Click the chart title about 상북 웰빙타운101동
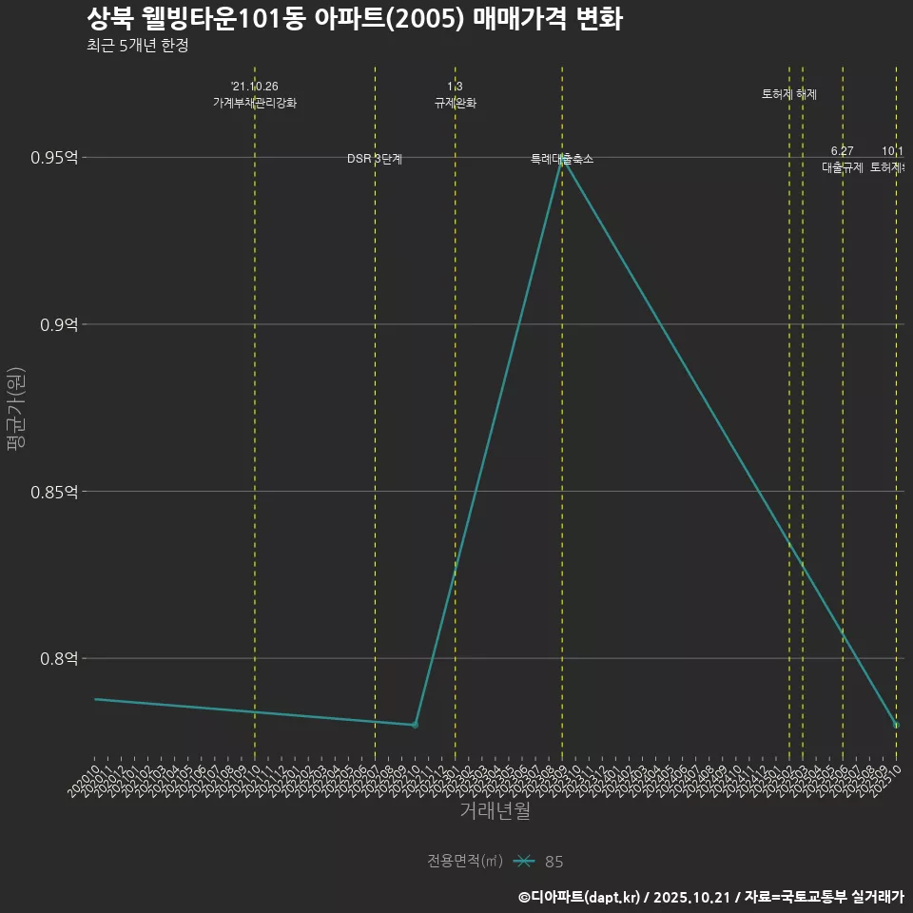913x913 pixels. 354,19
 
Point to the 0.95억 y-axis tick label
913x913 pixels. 54,157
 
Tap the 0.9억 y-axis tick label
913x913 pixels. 58,324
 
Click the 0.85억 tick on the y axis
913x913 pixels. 54,492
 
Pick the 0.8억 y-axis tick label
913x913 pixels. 58,658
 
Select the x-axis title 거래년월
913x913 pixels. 495,811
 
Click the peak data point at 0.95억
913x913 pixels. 562,158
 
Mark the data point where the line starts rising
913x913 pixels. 415,725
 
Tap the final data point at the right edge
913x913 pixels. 896,725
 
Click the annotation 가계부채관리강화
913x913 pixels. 255,103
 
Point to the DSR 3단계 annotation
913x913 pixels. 375,159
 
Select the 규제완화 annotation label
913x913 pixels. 455,103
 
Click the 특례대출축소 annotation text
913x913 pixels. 562,159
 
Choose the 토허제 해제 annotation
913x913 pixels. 789,94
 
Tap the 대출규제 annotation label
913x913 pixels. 842,167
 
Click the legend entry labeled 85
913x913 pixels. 554,862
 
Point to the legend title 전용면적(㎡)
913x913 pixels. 465,861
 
